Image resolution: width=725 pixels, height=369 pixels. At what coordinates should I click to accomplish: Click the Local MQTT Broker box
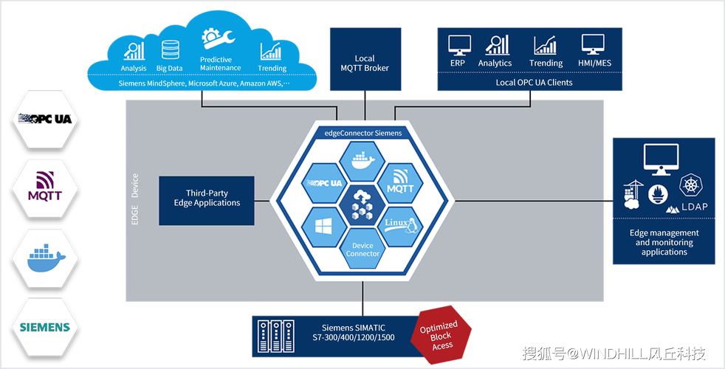click(x=365, y=59)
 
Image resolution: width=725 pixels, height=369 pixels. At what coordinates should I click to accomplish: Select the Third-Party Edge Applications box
click(x=207, y=200)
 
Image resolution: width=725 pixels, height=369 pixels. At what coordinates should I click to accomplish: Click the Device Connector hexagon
click(x=362, y=249)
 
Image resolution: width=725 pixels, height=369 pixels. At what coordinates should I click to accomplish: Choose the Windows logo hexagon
click(x=323, y=226)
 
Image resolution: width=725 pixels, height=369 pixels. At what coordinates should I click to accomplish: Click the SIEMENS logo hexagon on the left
click(x=45, y=328)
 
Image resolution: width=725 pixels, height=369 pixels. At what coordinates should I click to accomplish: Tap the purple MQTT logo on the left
click(x=45, y=187)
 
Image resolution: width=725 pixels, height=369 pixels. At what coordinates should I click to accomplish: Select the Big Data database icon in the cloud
click(x=170, y=50)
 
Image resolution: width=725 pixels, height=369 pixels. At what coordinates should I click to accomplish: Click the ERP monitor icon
click(x=460, y=45)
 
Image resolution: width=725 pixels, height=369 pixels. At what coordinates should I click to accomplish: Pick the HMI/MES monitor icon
click(x=594, y=45)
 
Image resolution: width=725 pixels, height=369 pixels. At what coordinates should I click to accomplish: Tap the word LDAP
click(x=695, y=207)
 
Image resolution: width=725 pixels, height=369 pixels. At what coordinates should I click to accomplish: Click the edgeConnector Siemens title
click(x=363, y=133)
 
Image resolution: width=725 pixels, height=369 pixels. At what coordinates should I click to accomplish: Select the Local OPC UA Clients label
click(x=534, y=83)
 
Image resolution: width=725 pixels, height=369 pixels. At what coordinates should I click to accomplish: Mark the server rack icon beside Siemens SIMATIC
click(x=276, y=337)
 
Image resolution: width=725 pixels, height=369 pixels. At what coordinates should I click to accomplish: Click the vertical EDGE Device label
click(x=135, y=199)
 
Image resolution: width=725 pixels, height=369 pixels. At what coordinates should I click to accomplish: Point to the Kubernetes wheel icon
click(x=691, y=184)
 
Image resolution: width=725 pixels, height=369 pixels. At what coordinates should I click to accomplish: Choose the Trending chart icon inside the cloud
click(x=270, y=52)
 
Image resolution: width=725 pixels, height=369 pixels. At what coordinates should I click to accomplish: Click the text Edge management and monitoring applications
click(x=664, y=242)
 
